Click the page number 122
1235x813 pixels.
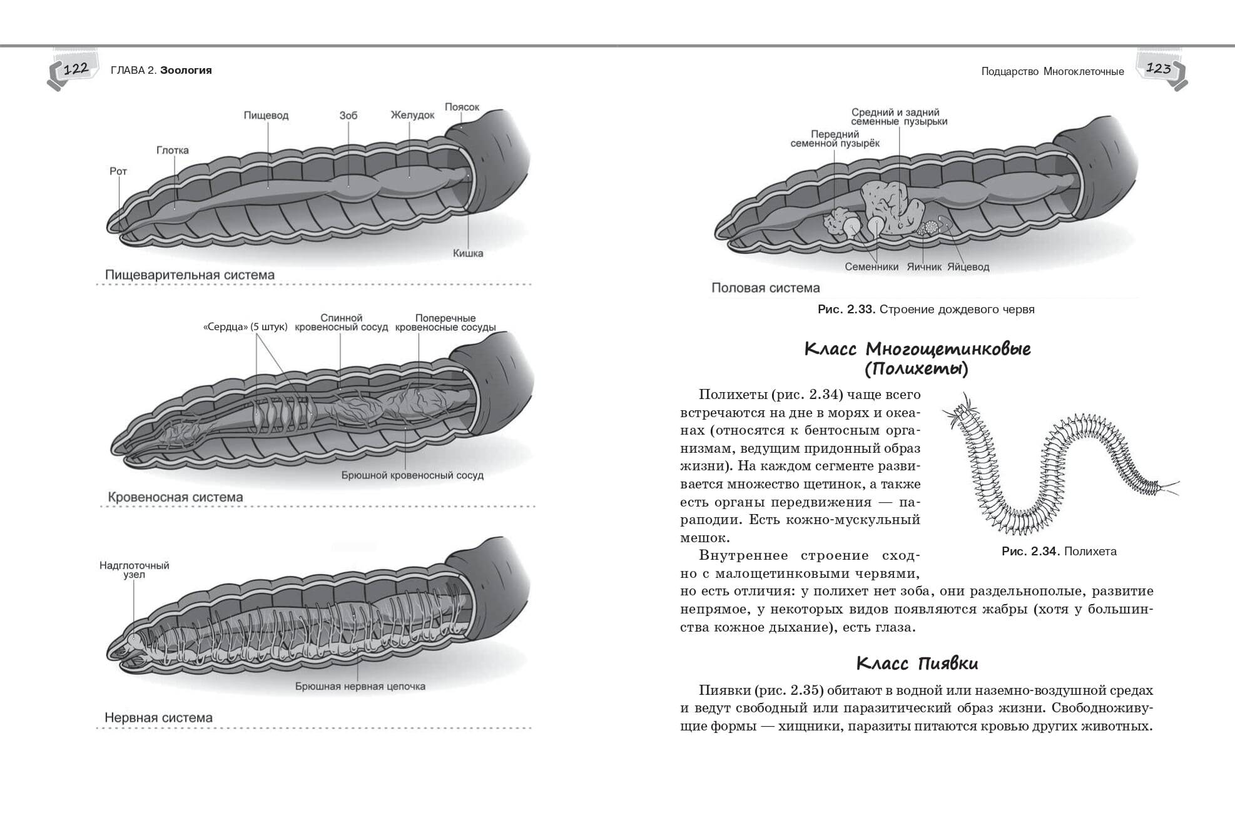[76, 69]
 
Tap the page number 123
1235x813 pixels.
[1158, 69]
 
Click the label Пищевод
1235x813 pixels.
[266, 116]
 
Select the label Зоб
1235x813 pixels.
[348, 116]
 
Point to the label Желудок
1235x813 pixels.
[412, 115]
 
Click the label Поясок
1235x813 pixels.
[462, 107]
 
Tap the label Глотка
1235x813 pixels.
[172, 150]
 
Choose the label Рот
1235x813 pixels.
[118, 171]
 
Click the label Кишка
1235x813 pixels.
[468, 253]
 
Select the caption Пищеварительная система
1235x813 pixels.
[190, 275]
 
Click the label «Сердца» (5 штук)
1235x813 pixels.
[245, 327]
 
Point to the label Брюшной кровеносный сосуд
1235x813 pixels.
[412, 475]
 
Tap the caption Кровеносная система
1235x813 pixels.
[175, 498]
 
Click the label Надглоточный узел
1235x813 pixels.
[134, 570]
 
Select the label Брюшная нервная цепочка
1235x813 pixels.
[360, 686]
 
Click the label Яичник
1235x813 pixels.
[923, 267]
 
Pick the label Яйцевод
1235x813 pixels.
[968, 267]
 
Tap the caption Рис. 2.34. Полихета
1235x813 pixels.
[1059, 552]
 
